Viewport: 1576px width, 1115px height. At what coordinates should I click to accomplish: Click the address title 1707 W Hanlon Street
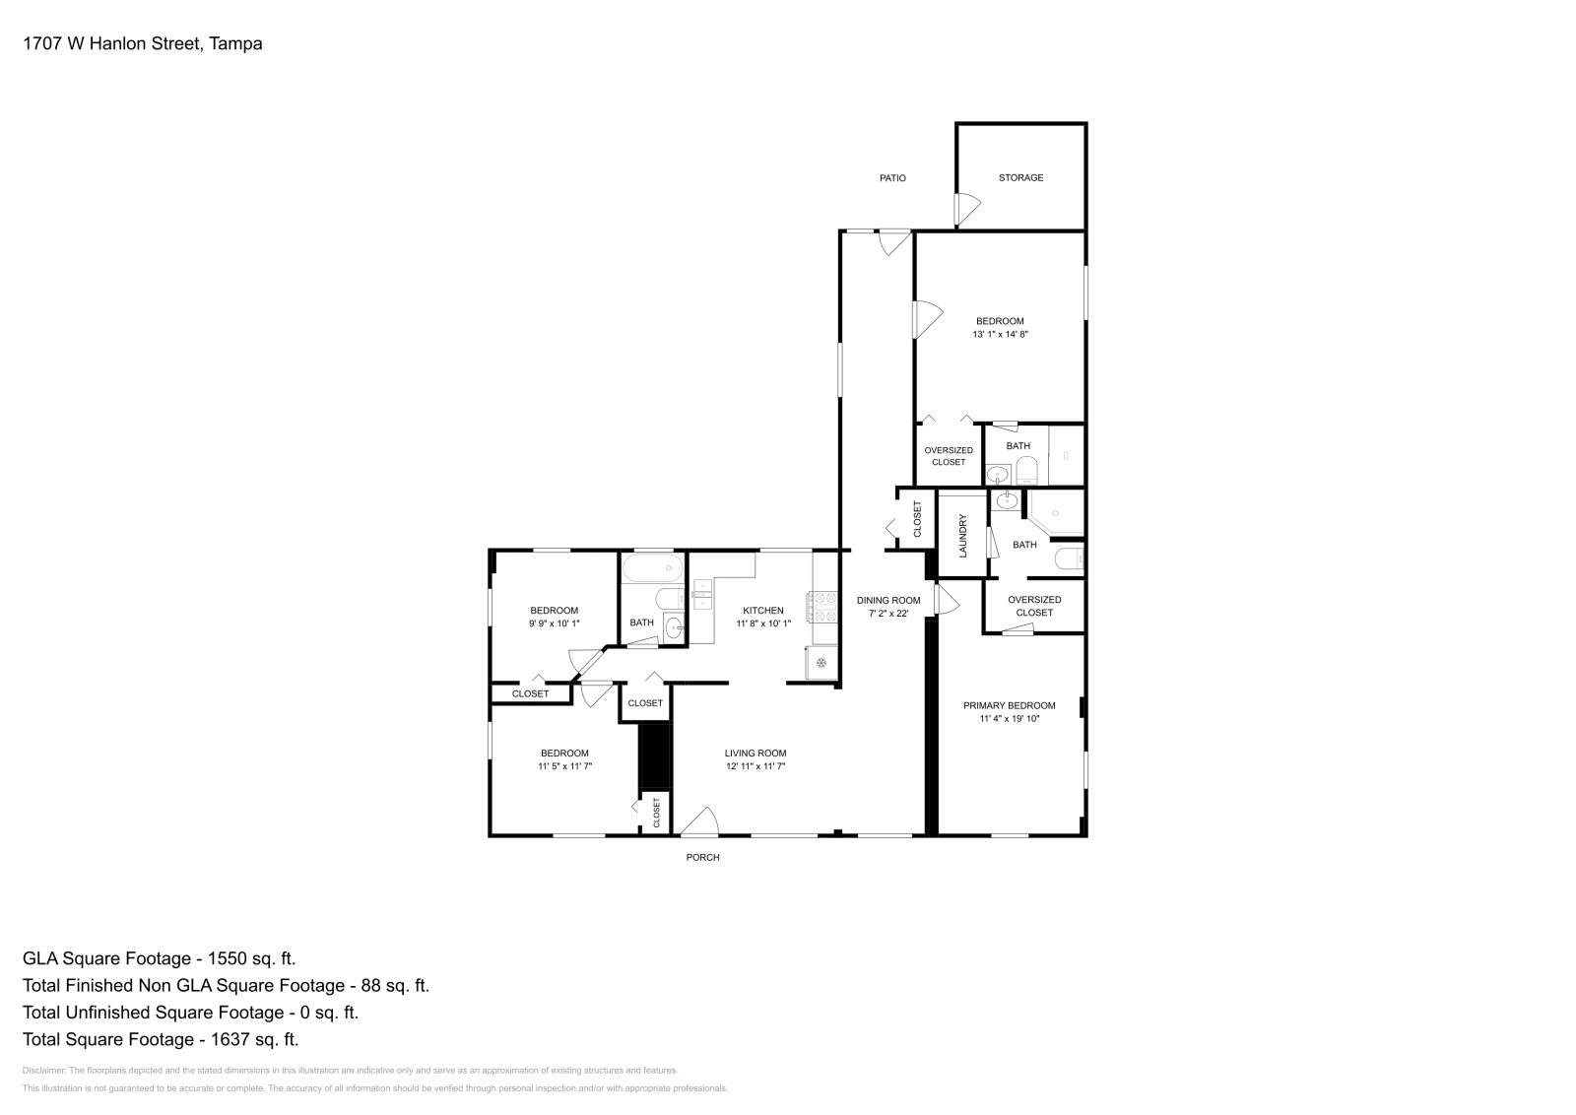pos(142,43)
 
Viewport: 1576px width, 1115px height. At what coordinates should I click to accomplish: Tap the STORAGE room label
pos(1020,177)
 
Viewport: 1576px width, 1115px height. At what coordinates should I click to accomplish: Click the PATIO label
pos(892,178)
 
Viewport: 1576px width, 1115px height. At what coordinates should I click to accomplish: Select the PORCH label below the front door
pos(702,857)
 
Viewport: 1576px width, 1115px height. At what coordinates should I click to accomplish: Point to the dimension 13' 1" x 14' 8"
pos(1000,334)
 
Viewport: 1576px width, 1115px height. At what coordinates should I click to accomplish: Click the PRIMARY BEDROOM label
pos(1009,705)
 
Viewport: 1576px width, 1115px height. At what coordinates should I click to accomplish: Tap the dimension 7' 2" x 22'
pos(887,613)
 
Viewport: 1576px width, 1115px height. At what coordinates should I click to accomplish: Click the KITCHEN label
pos(762,611)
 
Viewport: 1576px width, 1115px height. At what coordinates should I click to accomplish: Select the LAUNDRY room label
pos(963,536)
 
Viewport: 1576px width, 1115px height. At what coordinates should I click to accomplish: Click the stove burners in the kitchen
pos(822,607)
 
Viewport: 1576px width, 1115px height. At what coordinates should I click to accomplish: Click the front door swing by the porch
pos(700,822)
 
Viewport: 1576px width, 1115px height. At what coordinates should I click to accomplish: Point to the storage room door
pos(967,208)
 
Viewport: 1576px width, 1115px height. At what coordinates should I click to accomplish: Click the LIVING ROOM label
pos(755,754)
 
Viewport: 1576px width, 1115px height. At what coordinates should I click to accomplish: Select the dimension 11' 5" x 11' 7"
pos(564,765)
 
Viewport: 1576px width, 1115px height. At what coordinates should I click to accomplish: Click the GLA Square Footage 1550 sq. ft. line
pos(159,957)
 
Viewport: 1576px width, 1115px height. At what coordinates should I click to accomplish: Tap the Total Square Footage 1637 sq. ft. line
pos(160,1038)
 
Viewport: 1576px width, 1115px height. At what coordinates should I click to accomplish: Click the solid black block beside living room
pos(654,755)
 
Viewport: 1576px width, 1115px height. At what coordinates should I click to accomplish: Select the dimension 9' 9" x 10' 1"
pos(554,623)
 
